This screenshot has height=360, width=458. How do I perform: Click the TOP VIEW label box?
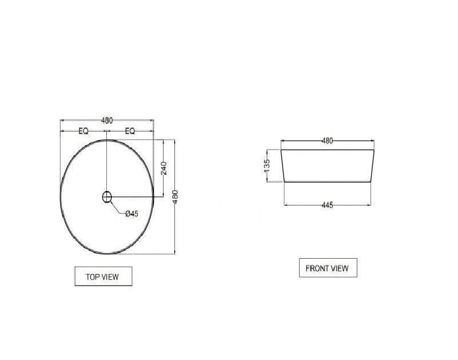[x=103, y=276]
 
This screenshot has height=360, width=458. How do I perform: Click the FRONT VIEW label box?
[x=328, y=268]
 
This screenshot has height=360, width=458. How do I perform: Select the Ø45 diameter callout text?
[x=132, y=214]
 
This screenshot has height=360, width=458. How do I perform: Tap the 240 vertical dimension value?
[x=164, y=168]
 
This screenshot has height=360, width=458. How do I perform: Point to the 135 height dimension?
[x=267, y=166]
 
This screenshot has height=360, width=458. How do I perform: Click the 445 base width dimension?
[x=327, y=205]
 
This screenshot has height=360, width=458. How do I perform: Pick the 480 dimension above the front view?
[x=327, y=141]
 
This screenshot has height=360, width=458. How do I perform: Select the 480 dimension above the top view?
[x=107, y=120]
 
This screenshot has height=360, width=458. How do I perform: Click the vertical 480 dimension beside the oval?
[x=176, y=197]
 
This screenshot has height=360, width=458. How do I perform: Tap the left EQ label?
[x=83, y=131]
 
